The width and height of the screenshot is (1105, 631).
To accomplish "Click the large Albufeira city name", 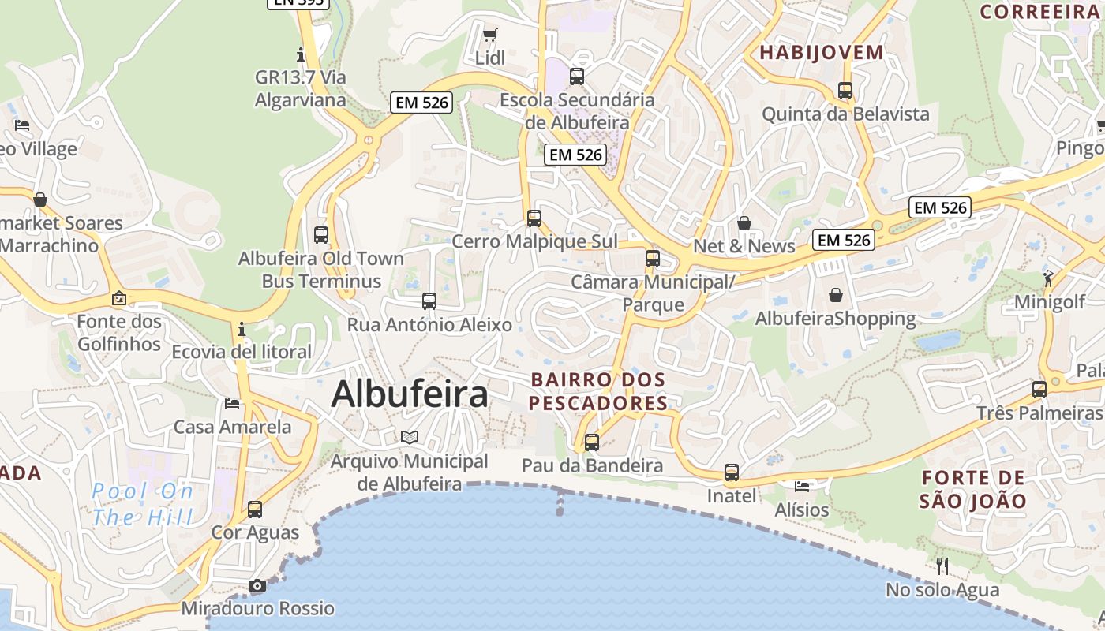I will tap(410, 394).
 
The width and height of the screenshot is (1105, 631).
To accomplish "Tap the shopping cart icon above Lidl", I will tap(489, 35).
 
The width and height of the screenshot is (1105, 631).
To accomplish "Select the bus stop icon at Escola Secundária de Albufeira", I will tap(577, 77).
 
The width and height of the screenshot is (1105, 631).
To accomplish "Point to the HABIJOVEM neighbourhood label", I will tap(822, 53).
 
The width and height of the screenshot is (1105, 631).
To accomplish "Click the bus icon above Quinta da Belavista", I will tap(845, 91).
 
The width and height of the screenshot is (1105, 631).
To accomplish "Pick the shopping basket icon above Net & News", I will tap(744, 223).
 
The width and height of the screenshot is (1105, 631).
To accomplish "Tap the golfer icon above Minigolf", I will tap(1048, 278).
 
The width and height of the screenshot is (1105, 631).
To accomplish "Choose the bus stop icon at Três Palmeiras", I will tap(1039, 389).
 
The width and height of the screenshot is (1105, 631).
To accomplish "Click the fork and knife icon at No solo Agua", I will tap(942, 566).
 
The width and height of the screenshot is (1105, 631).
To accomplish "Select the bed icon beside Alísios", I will tap(802, 486).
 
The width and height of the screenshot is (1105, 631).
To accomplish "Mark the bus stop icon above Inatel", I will tap(732, 472).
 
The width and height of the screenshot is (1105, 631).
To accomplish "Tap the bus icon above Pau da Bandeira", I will tap(592, 442).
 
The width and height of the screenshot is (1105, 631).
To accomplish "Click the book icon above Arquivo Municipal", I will tap(409, 437).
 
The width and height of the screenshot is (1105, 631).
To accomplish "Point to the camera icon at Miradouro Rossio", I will tap(257, 585).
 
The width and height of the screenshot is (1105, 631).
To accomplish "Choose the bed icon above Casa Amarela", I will tap(232, 404).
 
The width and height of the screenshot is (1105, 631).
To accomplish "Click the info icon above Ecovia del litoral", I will tap(242, 328).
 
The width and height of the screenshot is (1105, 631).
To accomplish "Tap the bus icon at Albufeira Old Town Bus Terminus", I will tap(321, 234).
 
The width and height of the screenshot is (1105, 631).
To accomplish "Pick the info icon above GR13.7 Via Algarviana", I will tap(300, 54).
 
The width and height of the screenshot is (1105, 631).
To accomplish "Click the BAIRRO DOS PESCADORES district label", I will tap(598, 391).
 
